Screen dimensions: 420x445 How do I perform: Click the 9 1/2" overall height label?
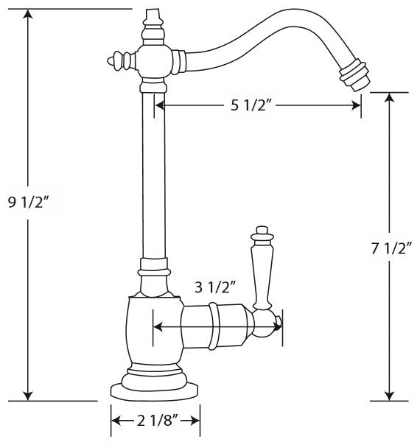point(29,203)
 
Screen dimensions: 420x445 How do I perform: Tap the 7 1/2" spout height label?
point(391,248)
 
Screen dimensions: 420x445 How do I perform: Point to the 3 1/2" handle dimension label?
point(216,287)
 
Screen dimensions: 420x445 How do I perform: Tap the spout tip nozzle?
point(354,75)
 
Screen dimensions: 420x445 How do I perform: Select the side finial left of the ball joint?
point(122,60)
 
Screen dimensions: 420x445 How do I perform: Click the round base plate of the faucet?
point(154,392)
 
